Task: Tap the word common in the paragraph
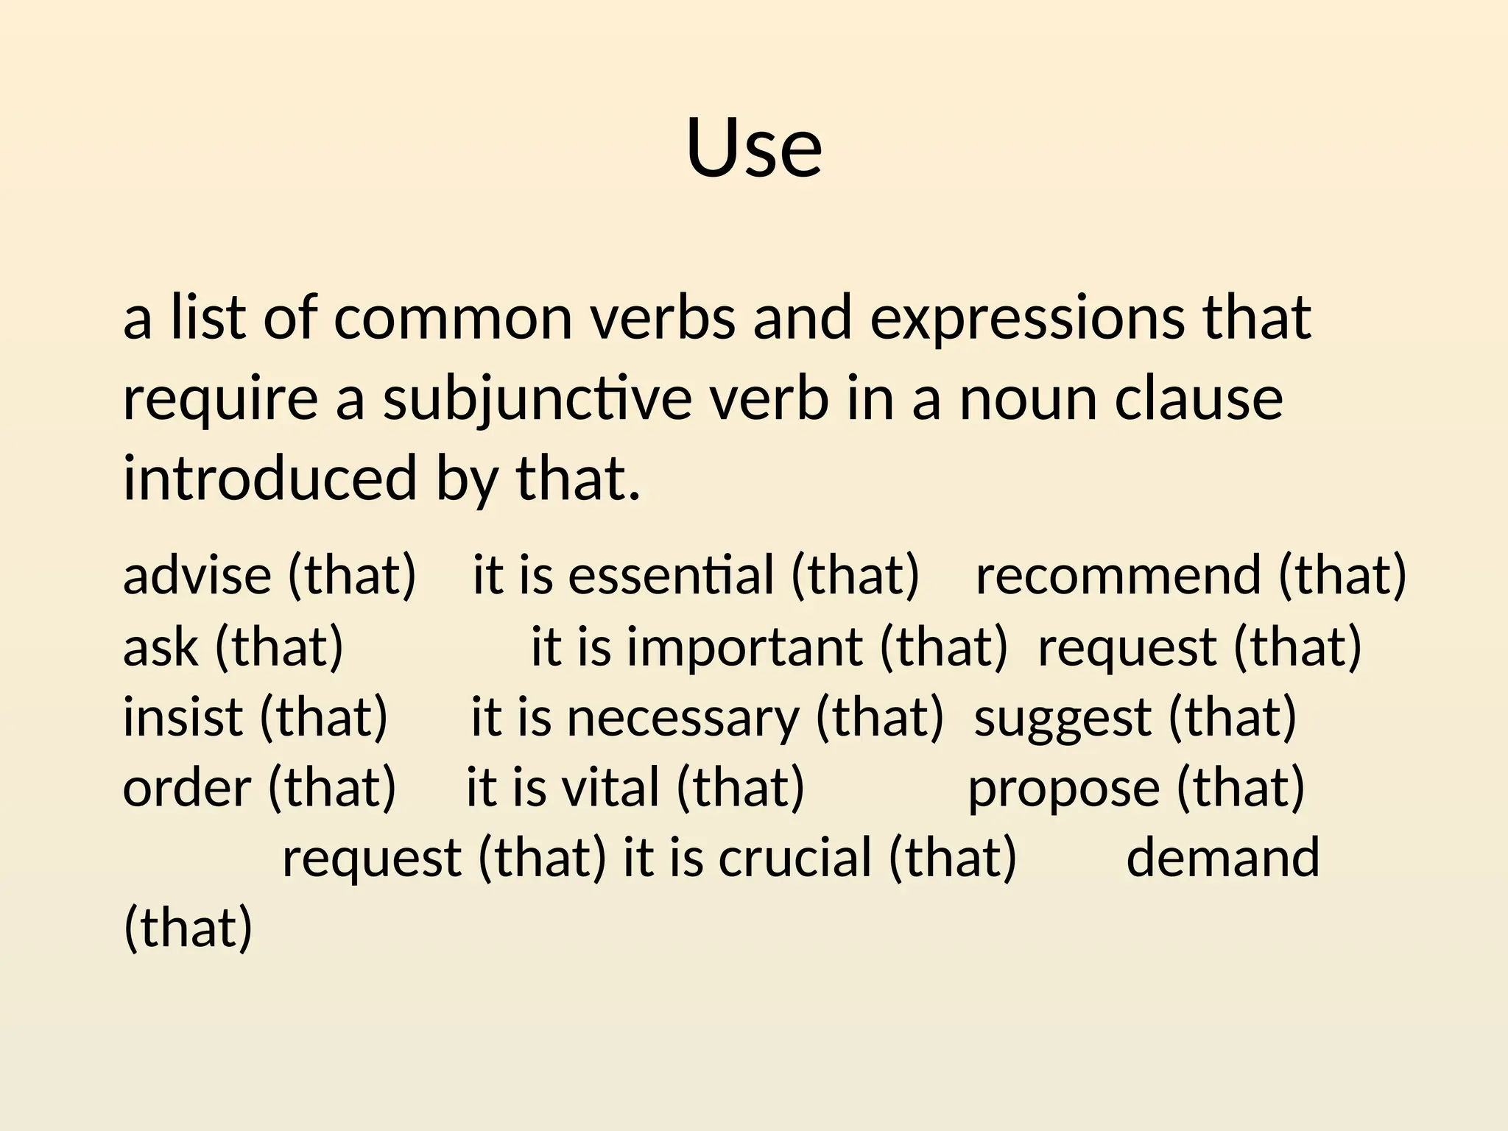[453, 318]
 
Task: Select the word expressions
[1028, 318]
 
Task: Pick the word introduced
[269, 479]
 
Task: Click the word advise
[197, 575]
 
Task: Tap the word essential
[671, 575]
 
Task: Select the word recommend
[1118, 575]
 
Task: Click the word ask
[161, 647]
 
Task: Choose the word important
[744, 647]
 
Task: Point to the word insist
[182, 717]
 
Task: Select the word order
[186, 788]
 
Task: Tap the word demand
[1222, 859]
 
